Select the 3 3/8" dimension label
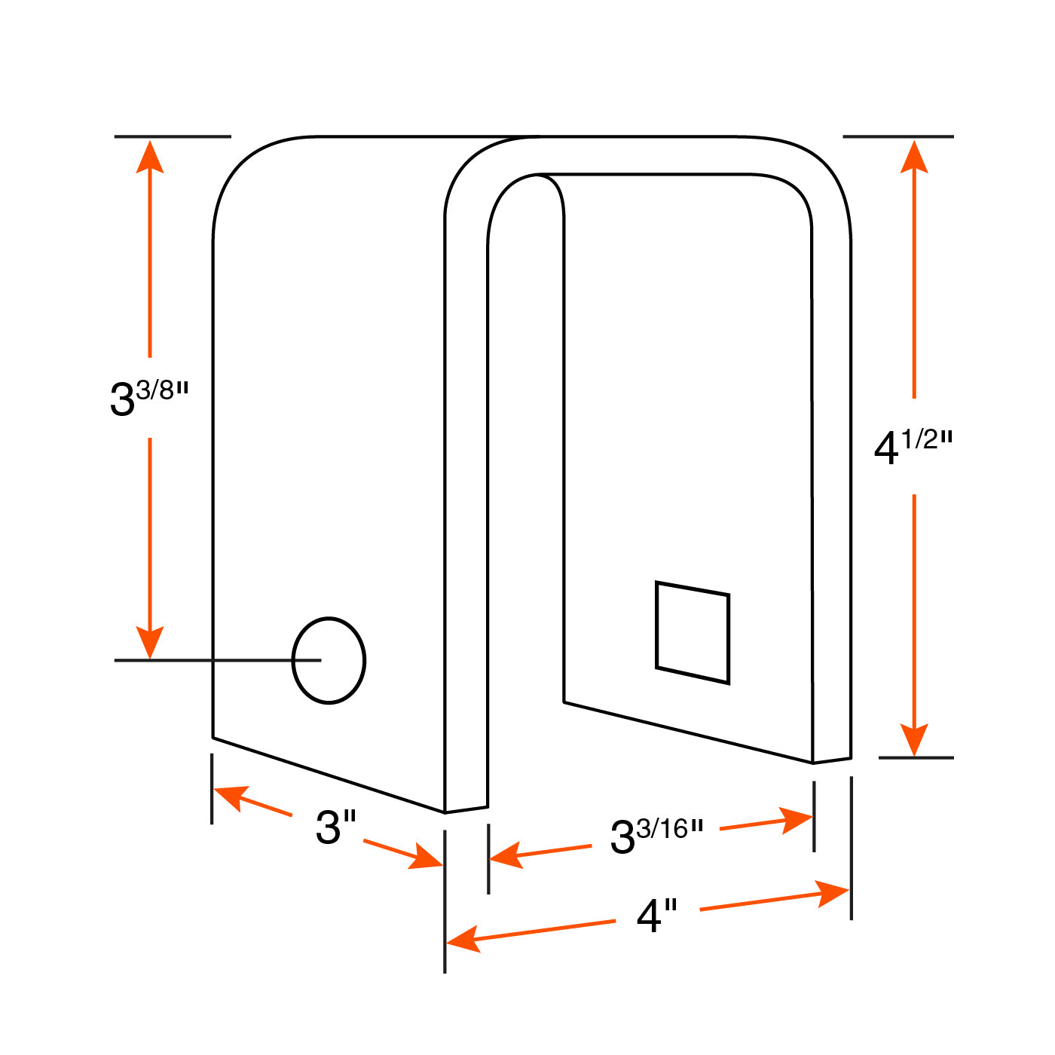coord(149,398)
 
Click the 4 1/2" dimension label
coord(913,447)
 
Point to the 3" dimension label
coord(335,827)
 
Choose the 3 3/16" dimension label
coord(656,836)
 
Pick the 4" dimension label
coord(656,916)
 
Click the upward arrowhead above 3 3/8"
coord(150,157)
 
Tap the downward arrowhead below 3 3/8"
coord(150,642)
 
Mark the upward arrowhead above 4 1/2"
coord(914,157)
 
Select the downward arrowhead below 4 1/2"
coord(914,740)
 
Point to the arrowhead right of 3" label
coord(426,857)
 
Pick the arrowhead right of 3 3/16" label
coord(796,820)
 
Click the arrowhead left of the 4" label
coord(464,940)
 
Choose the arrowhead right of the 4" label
coord(832,894)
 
